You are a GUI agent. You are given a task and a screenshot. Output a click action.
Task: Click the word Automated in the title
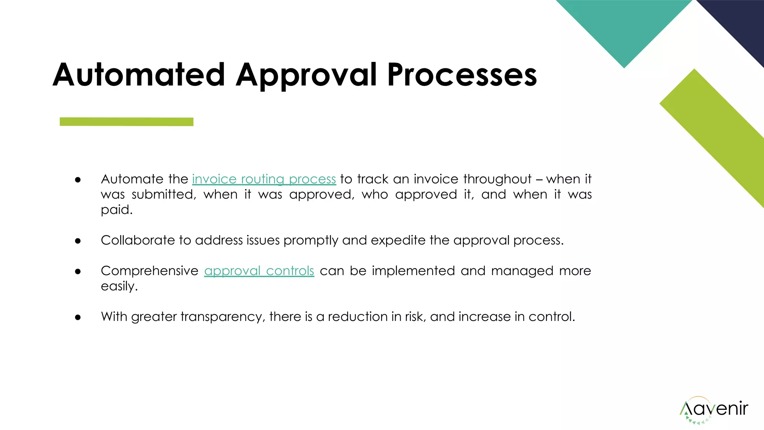pos(138,75)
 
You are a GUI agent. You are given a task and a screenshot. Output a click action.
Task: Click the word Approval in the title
pos(307,75)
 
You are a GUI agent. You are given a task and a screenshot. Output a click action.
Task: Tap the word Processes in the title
pos(462,75)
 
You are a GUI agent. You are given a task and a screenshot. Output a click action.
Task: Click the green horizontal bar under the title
pos(126,122)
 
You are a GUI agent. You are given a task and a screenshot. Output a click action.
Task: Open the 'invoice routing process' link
pos(264,179)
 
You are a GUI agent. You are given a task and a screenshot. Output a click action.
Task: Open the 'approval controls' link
pos(259,271)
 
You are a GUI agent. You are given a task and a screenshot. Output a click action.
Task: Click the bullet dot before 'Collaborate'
pos(78,241)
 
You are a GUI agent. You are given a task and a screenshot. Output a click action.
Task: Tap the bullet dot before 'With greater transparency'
pos(78,317)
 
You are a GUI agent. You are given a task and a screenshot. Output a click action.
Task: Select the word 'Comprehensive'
pos(150,271)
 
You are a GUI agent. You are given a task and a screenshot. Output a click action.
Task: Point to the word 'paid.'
pos(116,210)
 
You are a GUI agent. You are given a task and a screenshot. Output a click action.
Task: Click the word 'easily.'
pos(119,286)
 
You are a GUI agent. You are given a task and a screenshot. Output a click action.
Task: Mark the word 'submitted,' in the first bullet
pos(164,194)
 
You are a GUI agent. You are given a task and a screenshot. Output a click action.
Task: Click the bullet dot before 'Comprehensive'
pos(78,271)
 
